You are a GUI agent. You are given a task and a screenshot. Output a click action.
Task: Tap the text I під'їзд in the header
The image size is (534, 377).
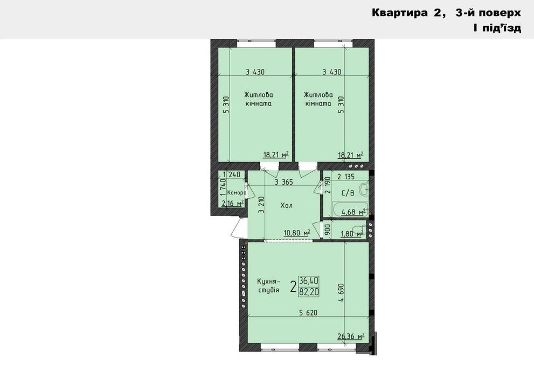(496, 28)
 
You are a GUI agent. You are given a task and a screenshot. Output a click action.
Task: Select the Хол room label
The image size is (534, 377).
(286, 206)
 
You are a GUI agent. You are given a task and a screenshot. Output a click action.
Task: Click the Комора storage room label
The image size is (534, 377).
(237, 193)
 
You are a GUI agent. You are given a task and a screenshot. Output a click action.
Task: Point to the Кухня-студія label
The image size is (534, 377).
(268, 286)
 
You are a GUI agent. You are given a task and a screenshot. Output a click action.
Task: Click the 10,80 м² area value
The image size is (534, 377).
(297, 233)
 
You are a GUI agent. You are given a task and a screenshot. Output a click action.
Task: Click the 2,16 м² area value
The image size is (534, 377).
(233, 203)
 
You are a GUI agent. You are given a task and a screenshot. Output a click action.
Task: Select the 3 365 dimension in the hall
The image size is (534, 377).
(283, 182)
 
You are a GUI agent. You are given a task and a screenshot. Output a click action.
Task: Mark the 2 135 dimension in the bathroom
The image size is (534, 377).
(346, 176)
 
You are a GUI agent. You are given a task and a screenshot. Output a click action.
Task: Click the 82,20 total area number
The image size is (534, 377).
(309, 291)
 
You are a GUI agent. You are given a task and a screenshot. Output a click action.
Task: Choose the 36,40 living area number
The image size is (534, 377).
(309, 281)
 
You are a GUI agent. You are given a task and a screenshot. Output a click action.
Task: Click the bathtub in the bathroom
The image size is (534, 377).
(340, 210)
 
